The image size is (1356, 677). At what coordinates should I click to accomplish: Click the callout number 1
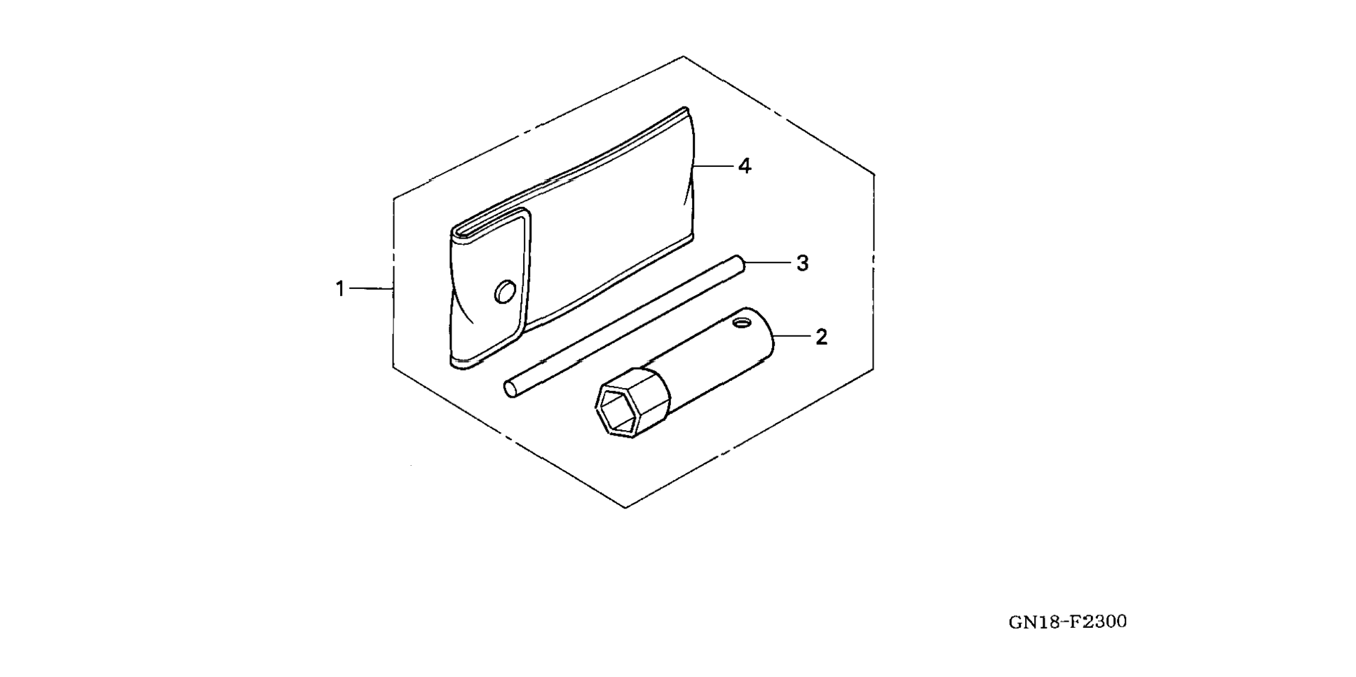(x=340, y=288)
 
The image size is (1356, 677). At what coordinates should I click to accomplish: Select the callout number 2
(x=821, y=337)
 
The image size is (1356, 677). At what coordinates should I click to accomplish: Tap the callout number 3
(x=802, y=264)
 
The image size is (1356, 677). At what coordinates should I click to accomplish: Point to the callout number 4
(x=744, y=166)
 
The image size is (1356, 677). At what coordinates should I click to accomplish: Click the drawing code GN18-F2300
(x=1067, y=622)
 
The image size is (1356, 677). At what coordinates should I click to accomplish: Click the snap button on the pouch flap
(x=505, y=291)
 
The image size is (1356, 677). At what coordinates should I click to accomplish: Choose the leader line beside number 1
(x=370, y=288)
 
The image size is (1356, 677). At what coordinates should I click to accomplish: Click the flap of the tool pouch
(x=489, y=288)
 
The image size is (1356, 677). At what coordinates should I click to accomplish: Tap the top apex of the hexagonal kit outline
(x=683, y=57)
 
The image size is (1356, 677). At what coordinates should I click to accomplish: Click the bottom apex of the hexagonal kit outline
(x=625, y=507)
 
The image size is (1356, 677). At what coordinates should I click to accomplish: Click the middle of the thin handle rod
(x=624, y=325)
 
